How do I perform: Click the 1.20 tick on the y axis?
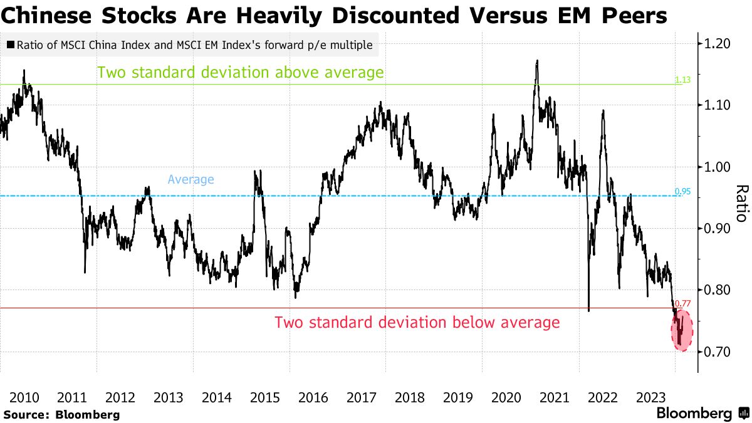point(718,44)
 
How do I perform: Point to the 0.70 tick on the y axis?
point(718,352)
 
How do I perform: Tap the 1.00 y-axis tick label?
point(718,167)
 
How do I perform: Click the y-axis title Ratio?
point(741,203)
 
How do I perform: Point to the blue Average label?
point(191,180)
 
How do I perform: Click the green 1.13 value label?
point(682,80)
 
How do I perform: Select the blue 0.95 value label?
point(682,191)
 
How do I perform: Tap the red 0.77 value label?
point(682,303)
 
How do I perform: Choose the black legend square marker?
point(11,45)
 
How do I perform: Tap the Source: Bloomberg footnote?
point(61,414)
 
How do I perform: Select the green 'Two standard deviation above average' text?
point(240,73)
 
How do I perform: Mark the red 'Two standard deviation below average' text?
point(417,323)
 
